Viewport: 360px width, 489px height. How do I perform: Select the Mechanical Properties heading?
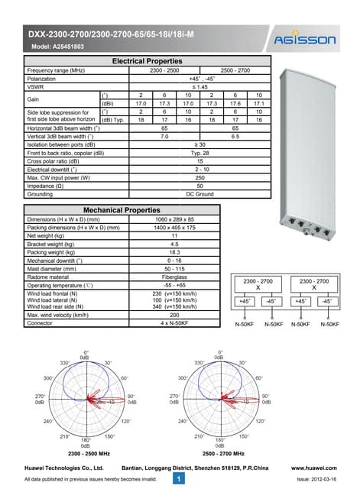point(121,209)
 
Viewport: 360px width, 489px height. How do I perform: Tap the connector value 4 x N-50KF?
point(174,324)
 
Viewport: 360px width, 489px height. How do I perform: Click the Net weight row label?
point(47,236)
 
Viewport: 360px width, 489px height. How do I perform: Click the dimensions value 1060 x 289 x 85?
point(174,219)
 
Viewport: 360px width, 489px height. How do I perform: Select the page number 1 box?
point(177,478)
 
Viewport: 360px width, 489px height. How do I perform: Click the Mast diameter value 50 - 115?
point(174,268)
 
